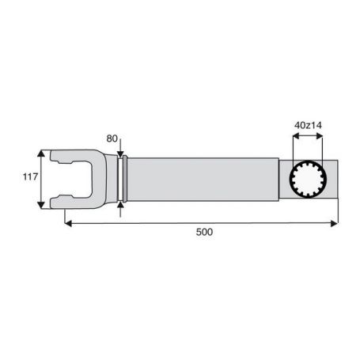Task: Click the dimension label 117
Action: pyautogui.click(x=31, y=176)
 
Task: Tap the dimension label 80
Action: pyautogui.click(x=112, y=138)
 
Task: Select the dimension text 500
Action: pyautogui.click(x=204, y=232)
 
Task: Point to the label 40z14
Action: pyautogui.click(x=308, y=125)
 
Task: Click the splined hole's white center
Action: pyautogui.click(x=308, y=179)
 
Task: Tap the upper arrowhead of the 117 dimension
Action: pyautogui.click(x=41, y=153)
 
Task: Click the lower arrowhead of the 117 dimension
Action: pyautogui.click(x=41, y=205)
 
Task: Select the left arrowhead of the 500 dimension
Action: pyautogui.click(x=68, y=224)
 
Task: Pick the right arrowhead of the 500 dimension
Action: pyautogui.click(x=334, y=224)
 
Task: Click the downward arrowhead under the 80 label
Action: pyautogui.click(x=120, y=154)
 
